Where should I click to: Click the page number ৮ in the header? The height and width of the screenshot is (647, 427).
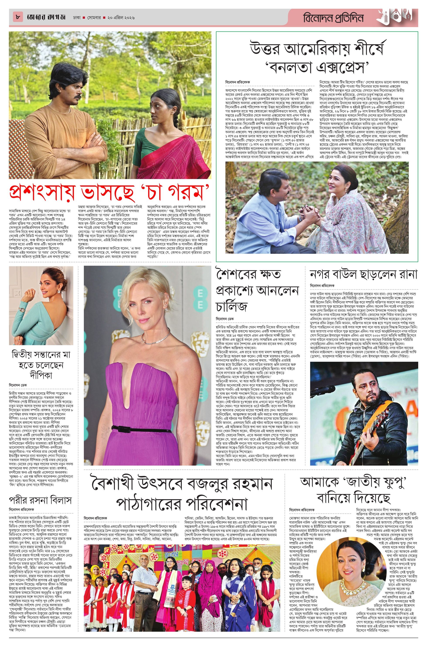[18, 17]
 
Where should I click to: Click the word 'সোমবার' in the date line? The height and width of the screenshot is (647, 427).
[94, 18]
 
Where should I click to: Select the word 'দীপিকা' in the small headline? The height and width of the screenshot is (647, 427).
[41, 376]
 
